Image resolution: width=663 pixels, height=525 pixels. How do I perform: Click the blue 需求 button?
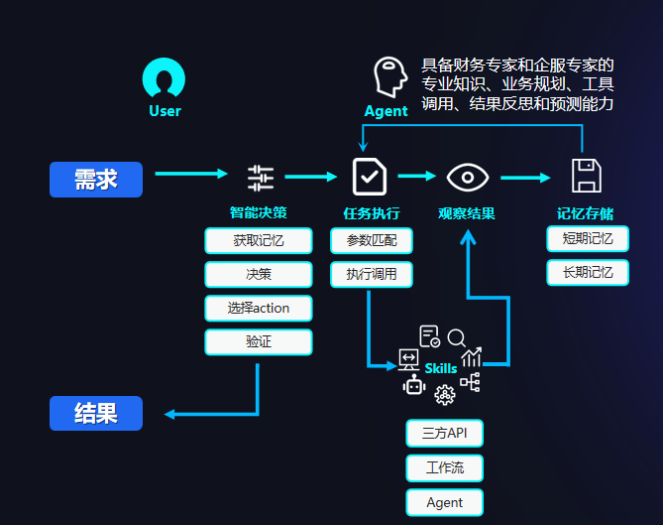click(x=96, y=180)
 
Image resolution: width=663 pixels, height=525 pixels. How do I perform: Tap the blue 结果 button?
click(x=96, y=413)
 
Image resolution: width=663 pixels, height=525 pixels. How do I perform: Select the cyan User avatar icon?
click(x=165, y=78)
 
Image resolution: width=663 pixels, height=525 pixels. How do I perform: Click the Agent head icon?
click(x=389, y=76)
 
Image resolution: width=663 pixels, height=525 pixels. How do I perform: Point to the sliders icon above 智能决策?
click(x=260, y=178)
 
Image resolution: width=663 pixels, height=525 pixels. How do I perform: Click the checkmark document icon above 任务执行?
click(x=369, y=177)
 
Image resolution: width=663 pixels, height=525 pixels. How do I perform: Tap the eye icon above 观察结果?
click(x=467, y=178)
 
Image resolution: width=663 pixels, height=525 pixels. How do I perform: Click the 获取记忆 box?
click(x=259, y=240)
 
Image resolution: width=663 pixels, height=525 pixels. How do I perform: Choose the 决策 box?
click(x=259, y=274)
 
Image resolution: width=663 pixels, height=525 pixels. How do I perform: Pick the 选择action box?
click(x=259, y=308)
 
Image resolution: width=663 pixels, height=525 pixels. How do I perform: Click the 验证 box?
click(x=259, y=341)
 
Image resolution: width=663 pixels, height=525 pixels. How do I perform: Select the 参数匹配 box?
click(x=372, y=240)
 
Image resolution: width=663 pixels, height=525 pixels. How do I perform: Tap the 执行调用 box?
click(x=372, y=274)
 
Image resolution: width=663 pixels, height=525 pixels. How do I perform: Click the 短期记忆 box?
click(x=588, y=238)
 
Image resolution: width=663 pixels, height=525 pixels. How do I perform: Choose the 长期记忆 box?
click(x=588, y=272)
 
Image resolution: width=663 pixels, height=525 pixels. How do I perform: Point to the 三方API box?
click(x=444, y=433)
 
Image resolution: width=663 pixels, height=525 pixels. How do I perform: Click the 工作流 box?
click(x=444, y=467)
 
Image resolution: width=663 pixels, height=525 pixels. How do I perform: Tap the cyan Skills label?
click(x=441, y=368)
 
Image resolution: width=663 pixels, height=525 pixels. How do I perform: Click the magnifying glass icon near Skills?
click(x=457, y=338)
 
